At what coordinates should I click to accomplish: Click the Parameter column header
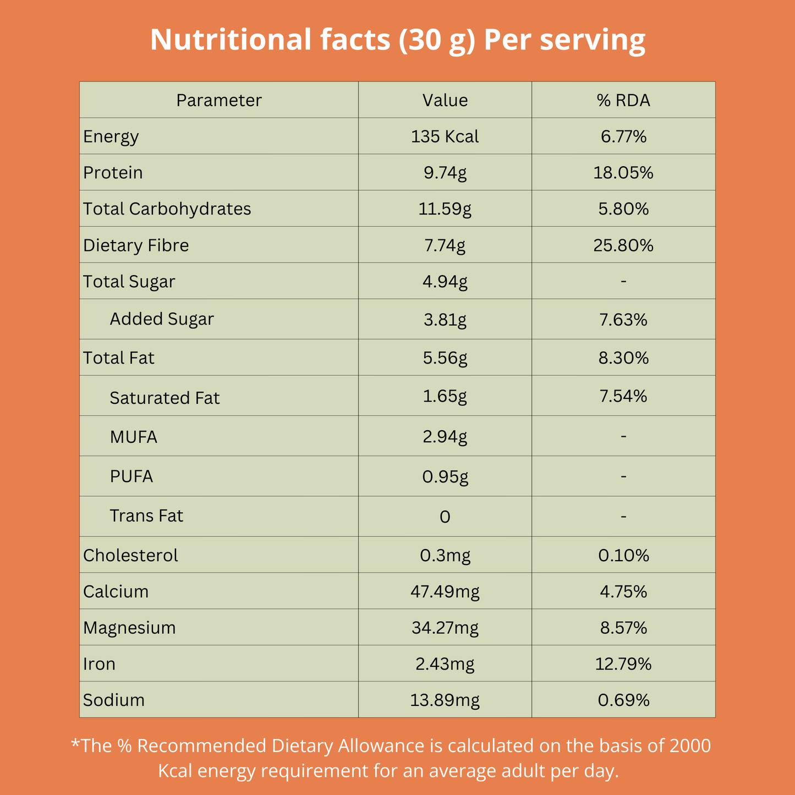pyautogui.click(x=218, y=100)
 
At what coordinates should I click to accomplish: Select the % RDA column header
pyautogui.click(x=623, y=100)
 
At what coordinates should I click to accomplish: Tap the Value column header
pyautogui.click(x=445, y=100)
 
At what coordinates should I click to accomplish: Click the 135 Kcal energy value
pyautogui.click(x=445, y=136)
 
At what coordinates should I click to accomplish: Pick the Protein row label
pyautogui.click(x=113, y=173)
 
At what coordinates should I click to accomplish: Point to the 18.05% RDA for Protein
pyautogui.click(x=623, y=173)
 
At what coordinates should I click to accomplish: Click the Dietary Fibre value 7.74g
pyautogui.click(x=445, y=245)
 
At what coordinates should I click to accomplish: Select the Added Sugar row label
pyautogui.click(x=162, y=319)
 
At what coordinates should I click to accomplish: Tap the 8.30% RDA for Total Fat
pyautogui.click(x=623, y=358)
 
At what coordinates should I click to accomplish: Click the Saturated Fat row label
pyautogui.click(x=165, y=398)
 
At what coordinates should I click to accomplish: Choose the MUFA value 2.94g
pyautogui.click(x=445, y=437)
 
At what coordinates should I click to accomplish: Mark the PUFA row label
pyautogui.click(x=131, y=476)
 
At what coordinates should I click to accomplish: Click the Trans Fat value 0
pyautogui.click(x=445, y=517)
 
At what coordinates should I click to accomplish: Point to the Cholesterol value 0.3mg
pyautogui.click(x=445, y=556)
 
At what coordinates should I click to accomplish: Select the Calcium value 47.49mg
pyautogui.click(x=445, y=592)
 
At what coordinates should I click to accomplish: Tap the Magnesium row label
pyautogui.click(x=129, y=628)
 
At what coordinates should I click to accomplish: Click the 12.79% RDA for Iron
pyautogui.click(x=623, y=664)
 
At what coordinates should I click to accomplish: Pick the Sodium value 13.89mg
pyautogui.click(x=445, y=700)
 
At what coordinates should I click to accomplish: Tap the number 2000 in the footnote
pyautogui.click(x=690, y=746)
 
